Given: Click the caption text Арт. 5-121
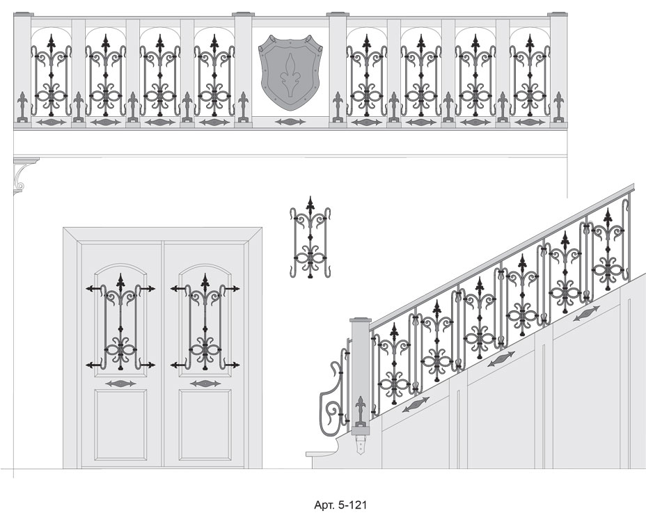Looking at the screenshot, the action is click(340, 505).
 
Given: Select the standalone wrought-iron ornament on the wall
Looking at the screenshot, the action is click(310, 237).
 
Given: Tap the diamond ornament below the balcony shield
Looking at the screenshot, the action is click(290, 122).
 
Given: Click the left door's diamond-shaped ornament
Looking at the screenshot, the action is click(120, 383).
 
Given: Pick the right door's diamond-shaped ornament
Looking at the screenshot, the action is click(205, 383).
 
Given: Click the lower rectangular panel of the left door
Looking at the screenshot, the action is click(120, 425).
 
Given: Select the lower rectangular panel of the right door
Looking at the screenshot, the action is click(205, 425).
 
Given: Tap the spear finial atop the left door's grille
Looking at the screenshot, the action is click(120, 282).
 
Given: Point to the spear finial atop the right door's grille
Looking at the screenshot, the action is click(205, 282).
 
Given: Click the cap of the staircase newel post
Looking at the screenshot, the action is click(361, 319).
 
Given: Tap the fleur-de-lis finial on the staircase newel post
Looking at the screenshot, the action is click(361, 411).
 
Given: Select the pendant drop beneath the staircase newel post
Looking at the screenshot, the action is click(361, 445).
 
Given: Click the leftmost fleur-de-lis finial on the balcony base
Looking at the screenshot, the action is click(23, 106).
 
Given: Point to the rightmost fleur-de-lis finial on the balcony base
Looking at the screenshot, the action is click(558, 106).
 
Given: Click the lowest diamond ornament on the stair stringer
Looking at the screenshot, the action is click(416, 404).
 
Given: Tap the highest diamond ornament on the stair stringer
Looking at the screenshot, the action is click(586, 313).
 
